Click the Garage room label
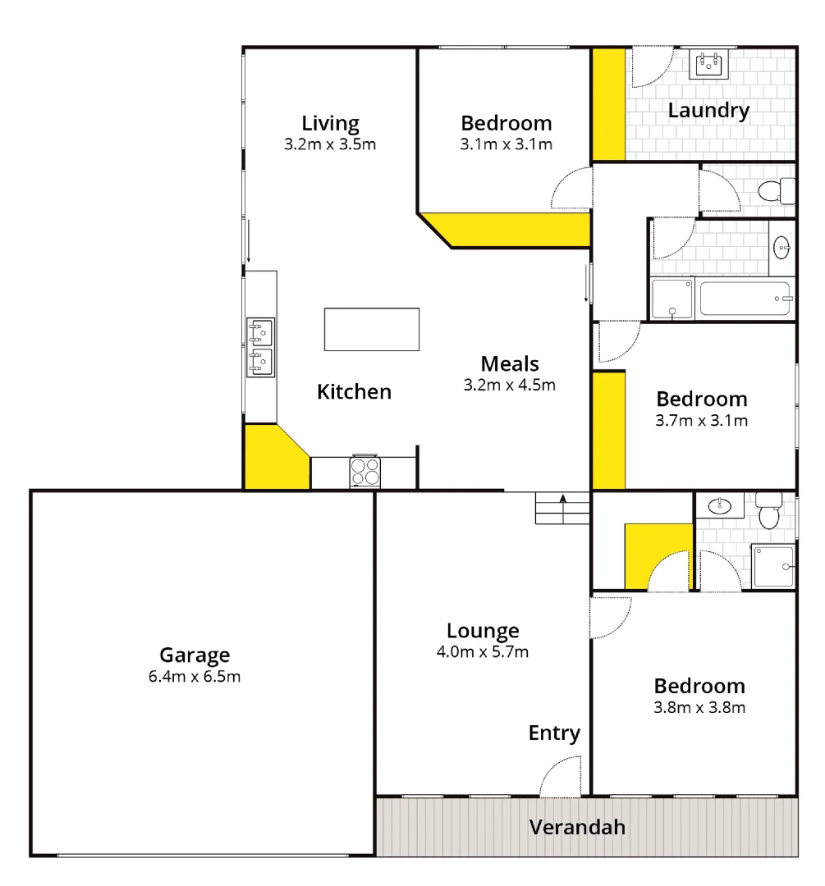click(195, 655)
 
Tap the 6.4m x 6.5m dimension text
click(195, 677)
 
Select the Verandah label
click(577, 827)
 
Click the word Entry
click(554, 733)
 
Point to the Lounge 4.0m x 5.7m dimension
click(483, 653)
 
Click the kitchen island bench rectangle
click(372, 329)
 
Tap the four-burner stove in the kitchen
click(365, 471)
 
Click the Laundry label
click(708, 110)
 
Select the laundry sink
click(709, 64)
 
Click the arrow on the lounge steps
click(563, 498)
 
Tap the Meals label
click(510, 363)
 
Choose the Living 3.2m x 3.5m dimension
click(330, 145)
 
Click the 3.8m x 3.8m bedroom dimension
click(699, 707)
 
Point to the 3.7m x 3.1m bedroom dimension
click(702, 421)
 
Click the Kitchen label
click(354, 391)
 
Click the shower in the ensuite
click(773, 566)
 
